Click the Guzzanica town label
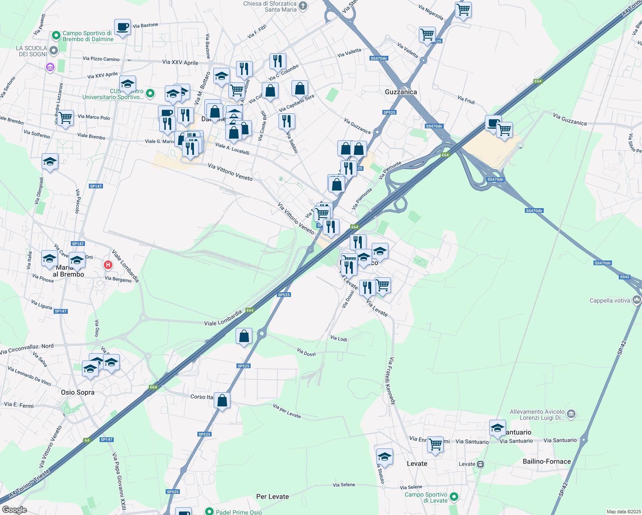(401, 92)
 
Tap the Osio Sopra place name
(78, 392)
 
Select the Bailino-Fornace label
(547, 461)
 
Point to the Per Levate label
(273, 497)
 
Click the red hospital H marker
(108, 265)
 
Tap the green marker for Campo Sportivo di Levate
(454, 497)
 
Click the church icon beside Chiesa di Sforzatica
(303, 6)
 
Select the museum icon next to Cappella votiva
(637, 300)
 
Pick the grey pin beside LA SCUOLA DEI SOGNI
(54, 51)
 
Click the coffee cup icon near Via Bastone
(122, 27)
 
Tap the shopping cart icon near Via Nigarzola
(463, 10)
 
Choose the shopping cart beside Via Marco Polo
(65, 118)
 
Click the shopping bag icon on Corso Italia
(222, 400)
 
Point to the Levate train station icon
(481, 464)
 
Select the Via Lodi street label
(339, 339)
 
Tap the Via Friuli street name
(466, 100)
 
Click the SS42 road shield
(624, 277)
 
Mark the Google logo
(14, 510)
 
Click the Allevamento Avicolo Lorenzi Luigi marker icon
(571, 414)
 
